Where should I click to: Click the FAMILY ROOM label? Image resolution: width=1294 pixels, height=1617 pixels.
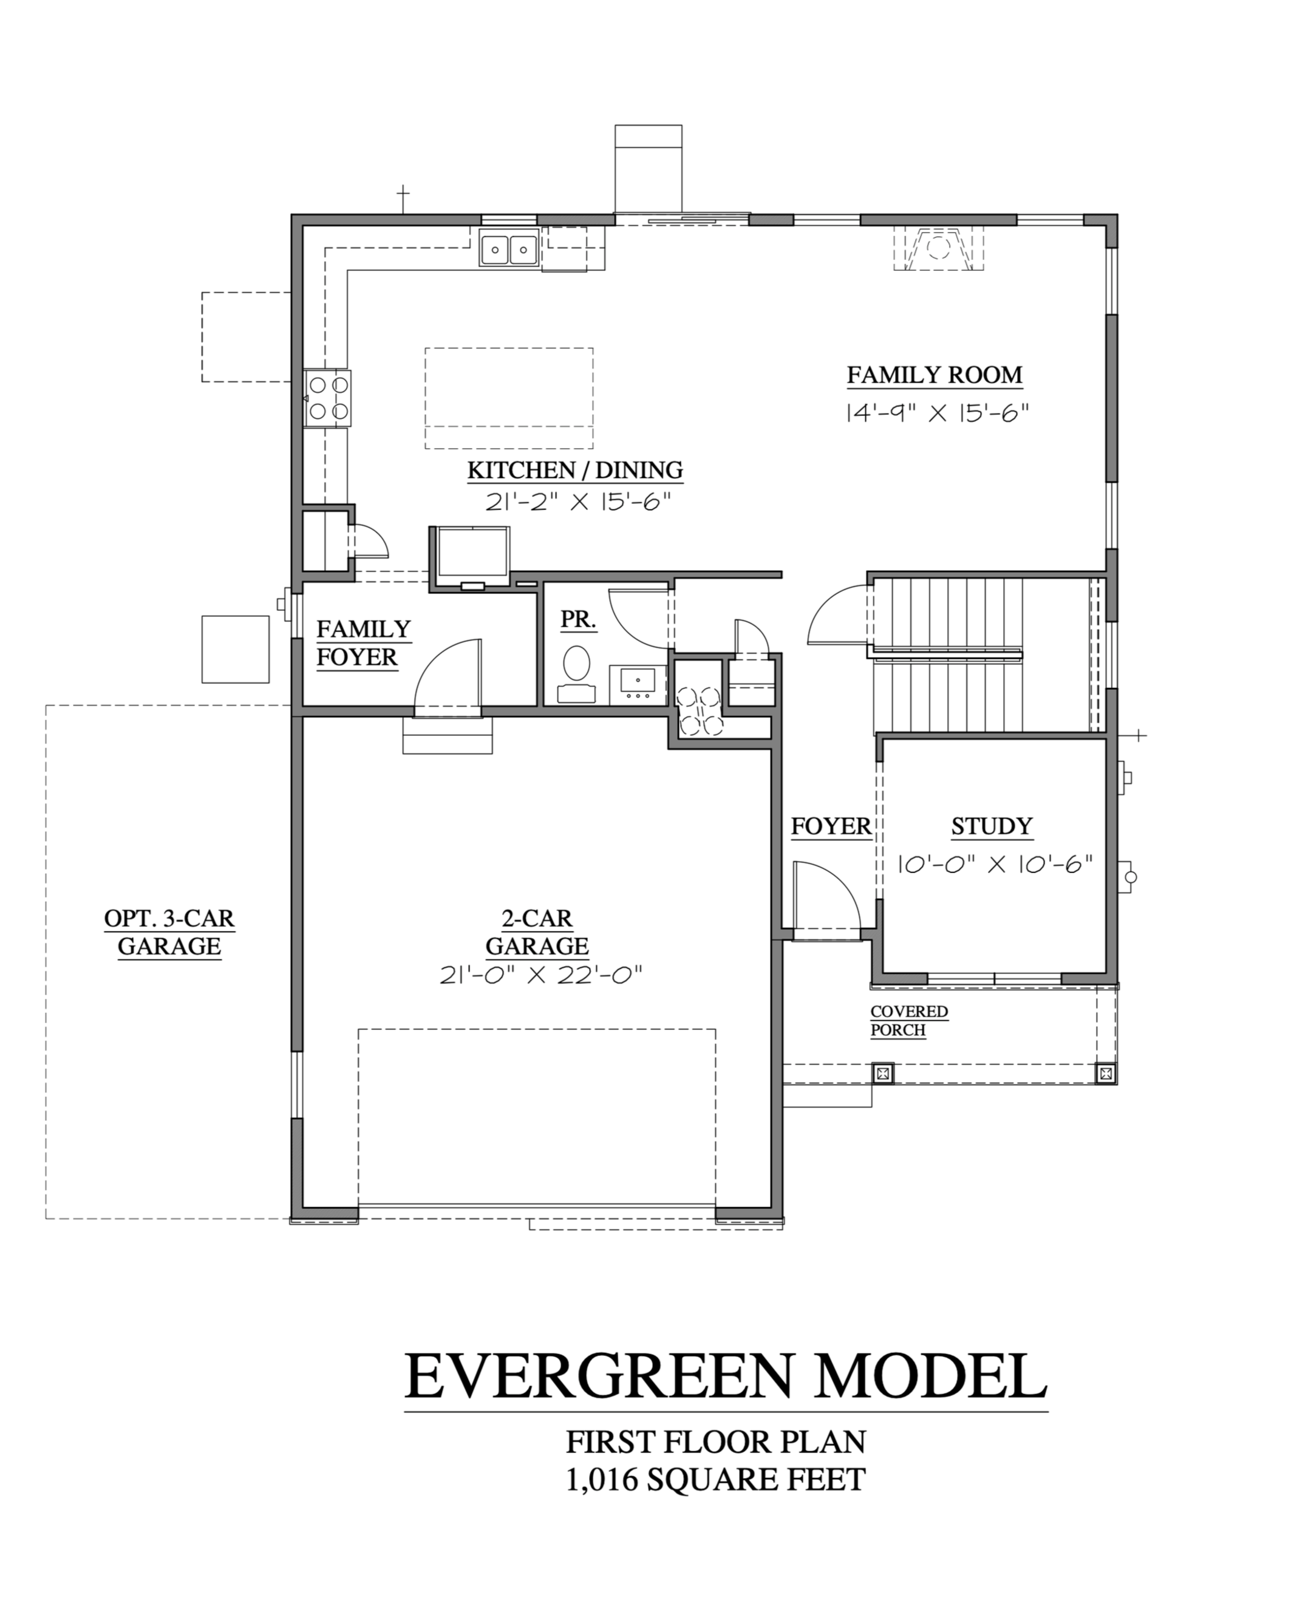pyautogui.click(x=935, y=375)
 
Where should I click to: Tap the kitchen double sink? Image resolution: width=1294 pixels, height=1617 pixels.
pyautogui.click(x=509, y=248)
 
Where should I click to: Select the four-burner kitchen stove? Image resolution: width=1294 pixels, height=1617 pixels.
pyautogui.click(x=328, y=398)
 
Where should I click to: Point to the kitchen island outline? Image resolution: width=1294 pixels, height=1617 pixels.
pyautogui.click(x=509, y=398)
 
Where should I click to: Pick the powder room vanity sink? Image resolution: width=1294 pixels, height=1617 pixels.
pyautogui.click(x=637, y=684)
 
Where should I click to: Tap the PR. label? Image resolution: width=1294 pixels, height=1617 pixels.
pyautogui.click(x=578, y=620)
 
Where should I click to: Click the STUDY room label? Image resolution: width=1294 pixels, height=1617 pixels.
pyautogui.click(x=992, y=826)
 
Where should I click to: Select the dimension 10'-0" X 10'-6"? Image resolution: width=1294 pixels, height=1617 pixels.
pyautogui.click(x=995, y=865)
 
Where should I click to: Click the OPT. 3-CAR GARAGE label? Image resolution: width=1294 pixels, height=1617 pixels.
pyautogui.click(x=169, y=932)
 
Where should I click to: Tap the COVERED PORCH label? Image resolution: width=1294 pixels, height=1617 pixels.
pyautogui.click(x=909, y=1021)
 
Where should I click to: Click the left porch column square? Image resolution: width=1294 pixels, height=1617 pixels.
pyautogui.click(x=883, y=1074)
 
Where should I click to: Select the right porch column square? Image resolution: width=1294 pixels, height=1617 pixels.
pyautogui.click(x=1105, y=1074)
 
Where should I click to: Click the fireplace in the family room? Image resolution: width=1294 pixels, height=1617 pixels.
pyautogui.click(x=938, y=249)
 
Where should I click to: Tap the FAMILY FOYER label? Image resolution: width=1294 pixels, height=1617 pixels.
pyautogui.click(x=363, y=643)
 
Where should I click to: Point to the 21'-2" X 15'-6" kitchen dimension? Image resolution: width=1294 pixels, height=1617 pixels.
pyautogui.click(x=577, y=502)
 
